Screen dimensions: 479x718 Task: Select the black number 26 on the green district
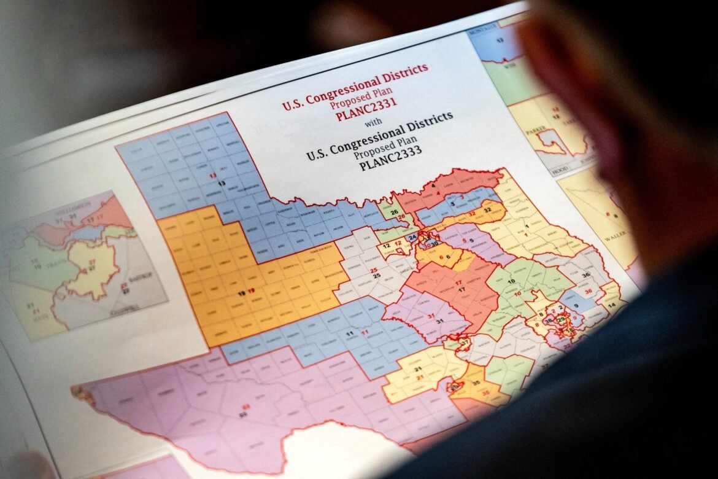point(394,212)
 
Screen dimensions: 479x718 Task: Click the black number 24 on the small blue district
point(412,237)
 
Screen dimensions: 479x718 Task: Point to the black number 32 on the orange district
point(487,209)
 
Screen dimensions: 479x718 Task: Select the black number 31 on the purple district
point(439,321)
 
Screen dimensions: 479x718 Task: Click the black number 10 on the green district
point(512,281)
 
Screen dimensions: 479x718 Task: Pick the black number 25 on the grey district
point(374,269)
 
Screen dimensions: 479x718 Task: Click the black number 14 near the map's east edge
point(611,305)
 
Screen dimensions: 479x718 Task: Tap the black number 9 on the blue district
point(577,303)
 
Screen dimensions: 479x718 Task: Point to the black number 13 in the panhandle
point(220,183)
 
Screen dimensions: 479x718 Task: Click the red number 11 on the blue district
point(365,332)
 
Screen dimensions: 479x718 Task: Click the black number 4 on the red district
point(433,184)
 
